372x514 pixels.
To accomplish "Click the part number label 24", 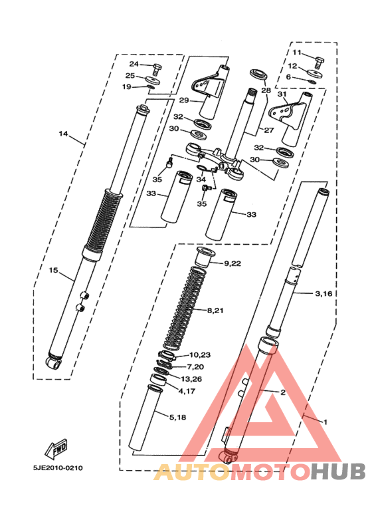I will pyautogui.click(x=133, y=64).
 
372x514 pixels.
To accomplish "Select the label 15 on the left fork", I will pyautogui.click(x=54, y=270).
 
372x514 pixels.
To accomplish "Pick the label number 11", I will pyautogui.click(x=296, y=53).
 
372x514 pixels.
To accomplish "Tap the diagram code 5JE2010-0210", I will pyautogui.click(x=58, y=467).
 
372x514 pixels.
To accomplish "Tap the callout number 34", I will pyautogui.click(x=201, y=179).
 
